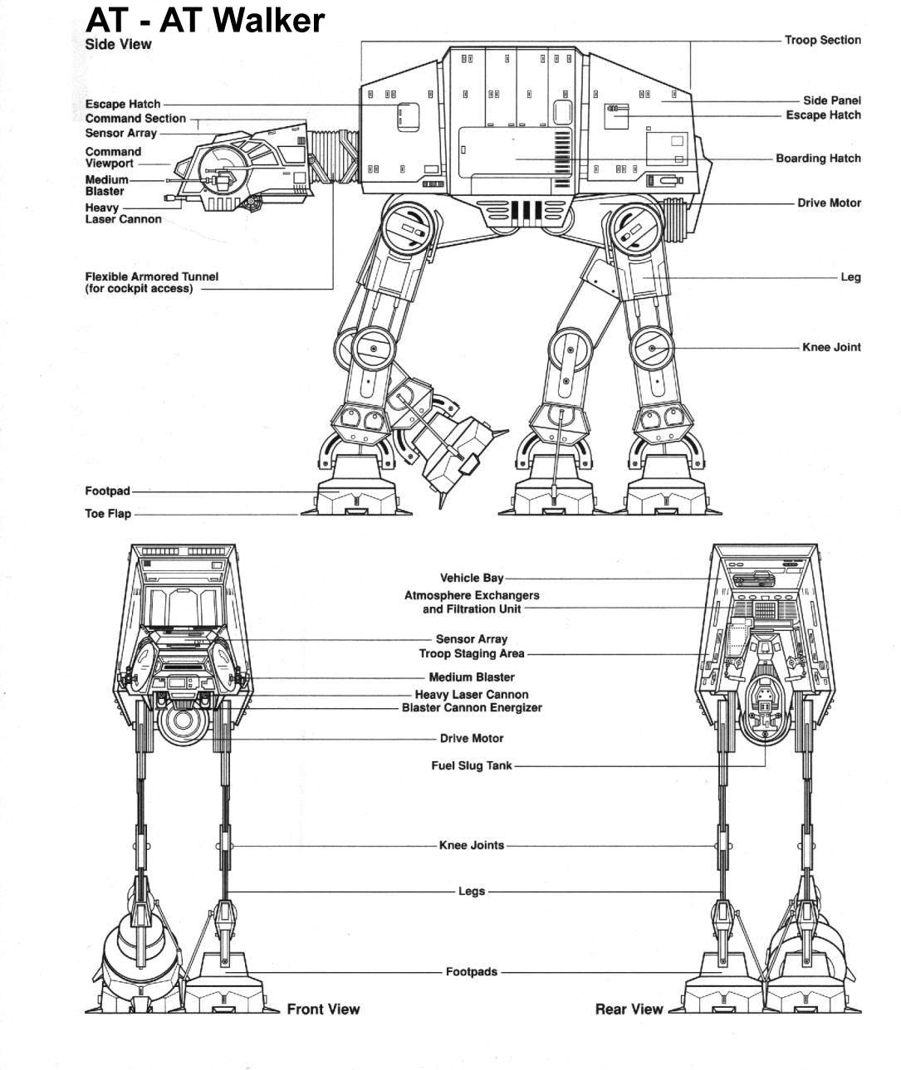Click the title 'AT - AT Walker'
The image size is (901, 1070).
(204, 20)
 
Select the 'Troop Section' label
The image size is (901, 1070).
(822, 40)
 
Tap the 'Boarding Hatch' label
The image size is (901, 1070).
(818, 159)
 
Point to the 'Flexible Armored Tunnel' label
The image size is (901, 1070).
(152, 282)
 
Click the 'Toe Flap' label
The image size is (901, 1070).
(108, 514)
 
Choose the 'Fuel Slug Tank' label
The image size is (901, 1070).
(472, 765)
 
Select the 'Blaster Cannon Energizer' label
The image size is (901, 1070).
(472, 708)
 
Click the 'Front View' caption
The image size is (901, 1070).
(323, 1009)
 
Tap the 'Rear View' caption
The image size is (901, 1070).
(629, 1009)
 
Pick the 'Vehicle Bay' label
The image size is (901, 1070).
(472, 578)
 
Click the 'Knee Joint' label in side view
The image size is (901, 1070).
(831, 347)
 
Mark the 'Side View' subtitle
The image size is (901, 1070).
(118, 44)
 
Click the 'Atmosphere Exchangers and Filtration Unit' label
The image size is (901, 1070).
(472, 602)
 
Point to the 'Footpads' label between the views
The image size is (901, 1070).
(472, 971)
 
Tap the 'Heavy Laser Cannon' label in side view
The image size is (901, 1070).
(123, 213)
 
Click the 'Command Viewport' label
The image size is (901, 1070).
(113, 158)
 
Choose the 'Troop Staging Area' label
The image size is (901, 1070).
(472, 654)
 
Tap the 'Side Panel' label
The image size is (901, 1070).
(831, 100)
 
